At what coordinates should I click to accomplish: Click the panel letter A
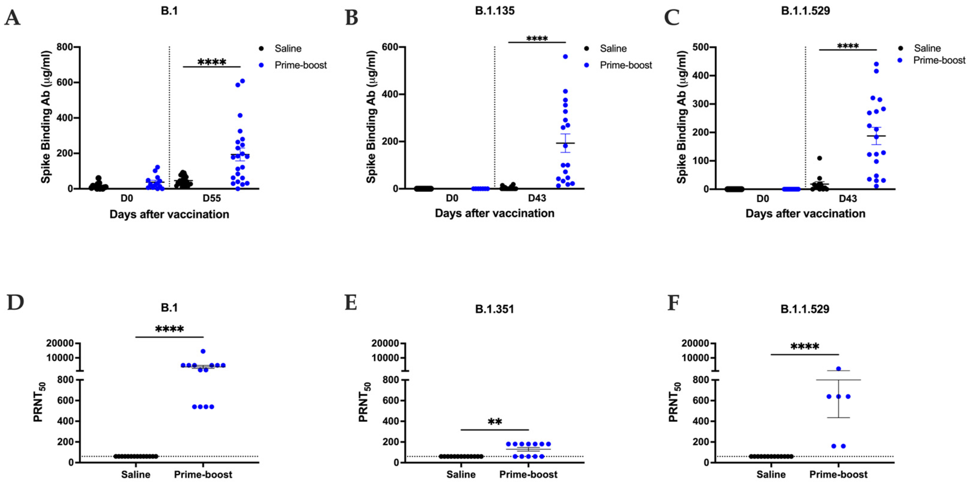click(12, 18)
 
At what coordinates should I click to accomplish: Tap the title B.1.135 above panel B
click(494, 11)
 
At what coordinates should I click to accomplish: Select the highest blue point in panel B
click(565, 57)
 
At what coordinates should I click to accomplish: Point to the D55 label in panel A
click(212, 198)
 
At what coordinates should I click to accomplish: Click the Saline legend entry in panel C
click(927, 48)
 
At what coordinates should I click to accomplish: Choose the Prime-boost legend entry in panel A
click(300, 65)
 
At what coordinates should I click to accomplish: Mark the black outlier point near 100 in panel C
click(819, 158)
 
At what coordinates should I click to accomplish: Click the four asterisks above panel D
click(169, 329)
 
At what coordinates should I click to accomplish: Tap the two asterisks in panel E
click(495, 422)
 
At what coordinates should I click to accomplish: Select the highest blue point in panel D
click(203, 351)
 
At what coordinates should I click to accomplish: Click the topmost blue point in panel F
click(838, 369)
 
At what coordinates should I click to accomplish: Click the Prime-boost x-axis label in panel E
click(528, 474)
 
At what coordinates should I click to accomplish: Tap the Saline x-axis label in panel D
click(135, 474)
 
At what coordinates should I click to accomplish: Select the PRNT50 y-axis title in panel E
click(364, 402)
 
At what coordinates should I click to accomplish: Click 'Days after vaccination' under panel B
click(494, 213)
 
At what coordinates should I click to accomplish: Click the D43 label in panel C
click(847, 198)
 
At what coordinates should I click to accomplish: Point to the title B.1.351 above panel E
click(494, 309)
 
